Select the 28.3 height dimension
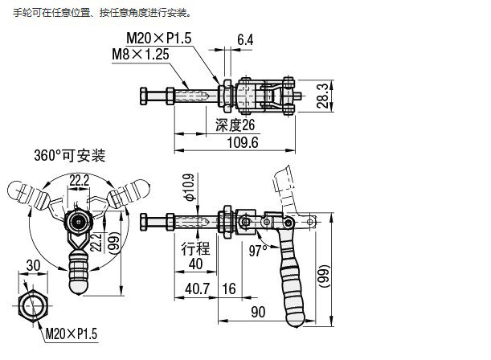click(321, 96)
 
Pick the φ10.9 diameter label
click(189, 186)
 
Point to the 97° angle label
click(257, 250)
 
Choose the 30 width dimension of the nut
click(33, 266)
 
